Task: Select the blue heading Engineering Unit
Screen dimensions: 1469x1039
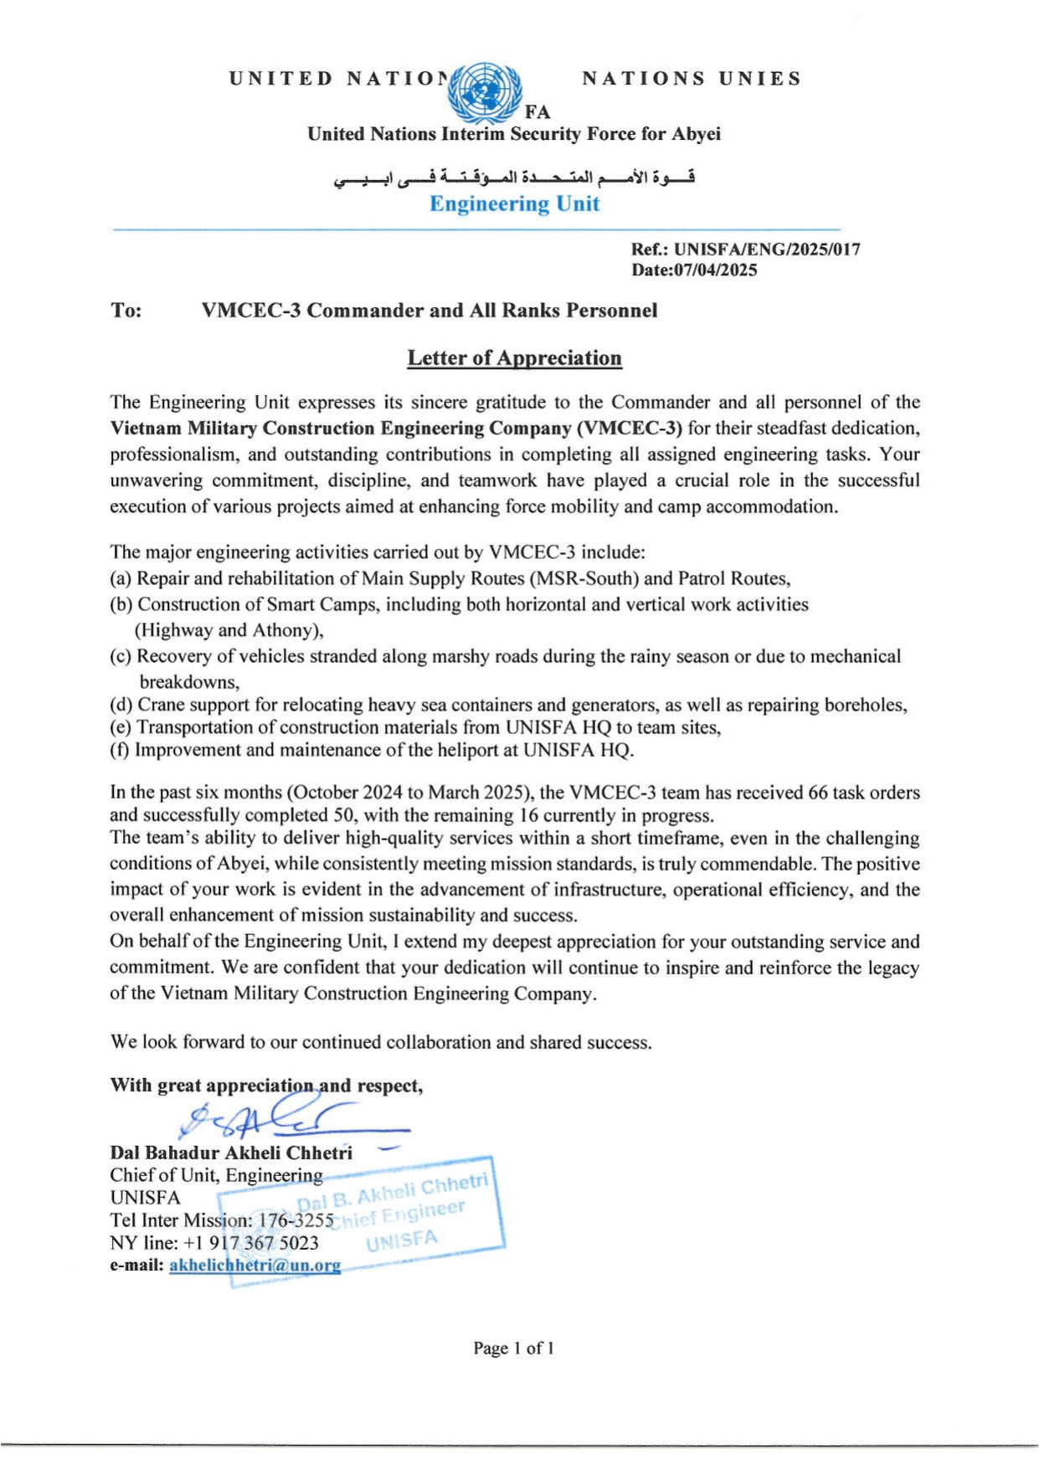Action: [x=514, y=203]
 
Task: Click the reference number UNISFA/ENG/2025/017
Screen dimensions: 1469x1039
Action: [x=767, y=249]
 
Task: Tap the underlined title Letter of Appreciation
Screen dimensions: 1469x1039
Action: [x=514, y=358]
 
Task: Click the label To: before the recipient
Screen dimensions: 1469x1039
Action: [x=126, y=311]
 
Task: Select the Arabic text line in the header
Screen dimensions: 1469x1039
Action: [x=514, y=177]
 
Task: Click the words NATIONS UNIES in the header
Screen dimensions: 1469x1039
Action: [x=692, y=79]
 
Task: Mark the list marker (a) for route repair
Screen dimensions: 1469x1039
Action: [x=121, y=578]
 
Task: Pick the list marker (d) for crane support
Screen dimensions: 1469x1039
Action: [x=121, y=705]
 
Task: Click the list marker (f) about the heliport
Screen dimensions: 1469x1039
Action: [x=120, y=750]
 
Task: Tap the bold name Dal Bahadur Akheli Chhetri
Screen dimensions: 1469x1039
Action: [x=231, y=1153]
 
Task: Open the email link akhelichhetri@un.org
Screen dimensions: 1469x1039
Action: [x=255, y=1265]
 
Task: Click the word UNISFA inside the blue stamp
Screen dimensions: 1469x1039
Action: [x=402, y=1240]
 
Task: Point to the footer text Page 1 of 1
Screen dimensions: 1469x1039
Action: [x=513, y=1348]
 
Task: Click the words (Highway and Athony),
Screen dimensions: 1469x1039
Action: [x=229, y=630]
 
